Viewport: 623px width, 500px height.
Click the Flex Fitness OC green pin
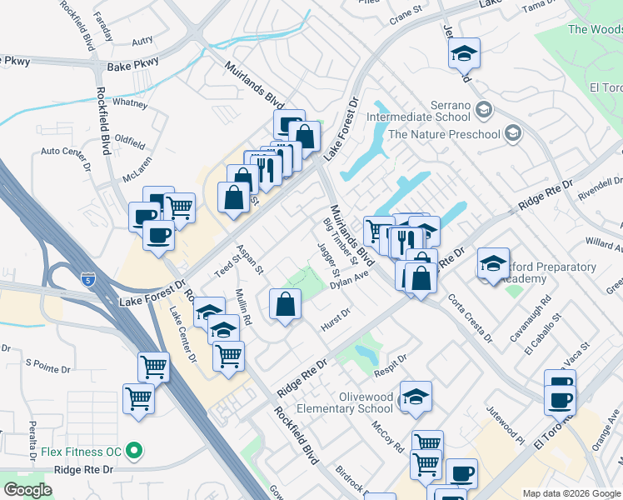tap(133, 452)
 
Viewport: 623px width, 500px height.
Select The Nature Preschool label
tap(444, 134)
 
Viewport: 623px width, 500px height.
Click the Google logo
tap(27, 490)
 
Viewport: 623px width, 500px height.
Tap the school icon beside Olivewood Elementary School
tap(416, 397)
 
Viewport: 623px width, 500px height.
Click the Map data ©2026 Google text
tap(571, 493)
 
